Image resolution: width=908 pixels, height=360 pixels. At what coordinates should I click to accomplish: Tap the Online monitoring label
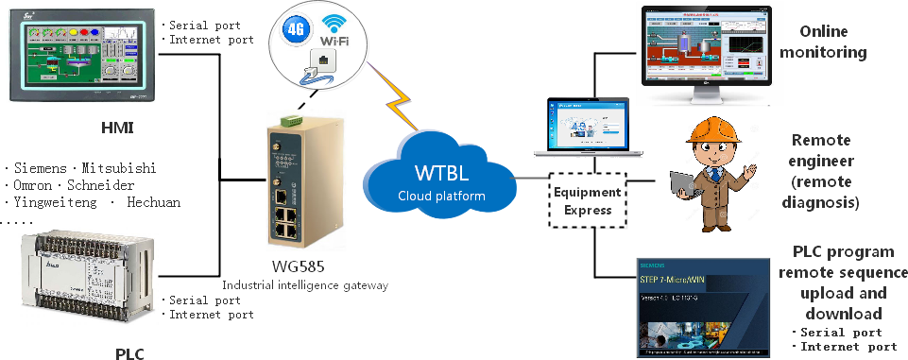point(822,43)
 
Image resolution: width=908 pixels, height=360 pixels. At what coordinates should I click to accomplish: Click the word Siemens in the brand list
point(41,168)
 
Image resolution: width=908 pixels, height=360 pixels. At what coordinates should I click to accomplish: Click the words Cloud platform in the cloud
point(441,196)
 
